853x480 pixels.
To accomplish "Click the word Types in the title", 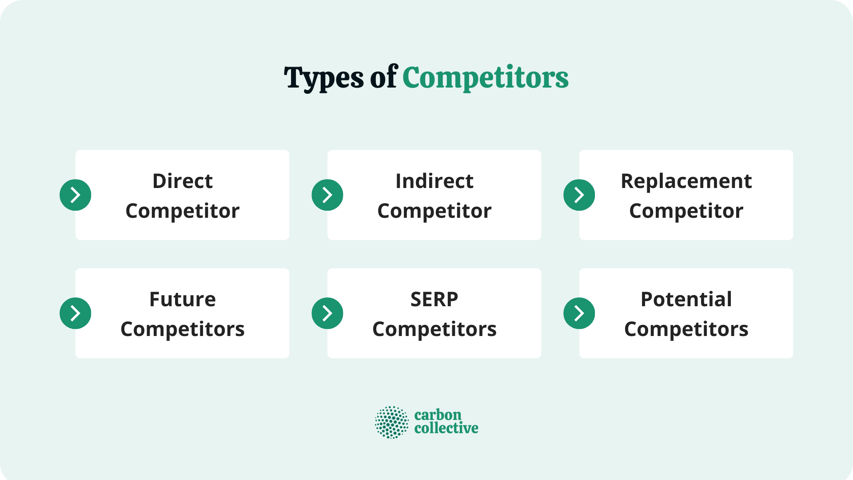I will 324,78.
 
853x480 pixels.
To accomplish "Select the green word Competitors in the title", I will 485,78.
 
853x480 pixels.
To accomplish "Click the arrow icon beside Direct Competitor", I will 76,195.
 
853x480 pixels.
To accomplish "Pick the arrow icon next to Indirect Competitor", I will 327,195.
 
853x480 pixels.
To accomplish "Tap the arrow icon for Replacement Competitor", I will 579,195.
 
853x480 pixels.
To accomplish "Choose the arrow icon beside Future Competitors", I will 76,313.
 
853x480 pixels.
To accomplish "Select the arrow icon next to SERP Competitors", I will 327,313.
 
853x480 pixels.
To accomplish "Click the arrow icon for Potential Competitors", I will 579,313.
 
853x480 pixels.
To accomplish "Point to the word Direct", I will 183,181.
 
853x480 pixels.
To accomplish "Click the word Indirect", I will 434,181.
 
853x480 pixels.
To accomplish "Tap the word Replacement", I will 686,181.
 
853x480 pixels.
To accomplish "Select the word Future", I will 183,300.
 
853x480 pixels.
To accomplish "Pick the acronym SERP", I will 434,300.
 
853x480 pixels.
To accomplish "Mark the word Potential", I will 686,300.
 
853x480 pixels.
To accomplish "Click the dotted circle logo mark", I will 391,422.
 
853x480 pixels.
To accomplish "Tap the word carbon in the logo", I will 438,415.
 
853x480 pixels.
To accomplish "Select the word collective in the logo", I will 446,428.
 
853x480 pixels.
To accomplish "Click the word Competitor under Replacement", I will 686,211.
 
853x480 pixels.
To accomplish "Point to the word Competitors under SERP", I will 434,329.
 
